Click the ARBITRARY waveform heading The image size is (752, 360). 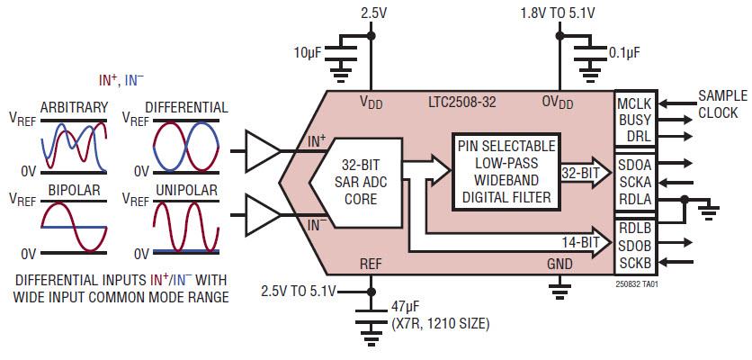pyautogui.click(x=74, y=107)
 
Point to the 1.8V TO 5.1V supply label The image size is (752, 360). pyautogui.click(x=559, y=13)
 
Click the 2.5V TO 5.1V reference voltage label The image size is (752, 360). pyautogui.click(x=299, y=291)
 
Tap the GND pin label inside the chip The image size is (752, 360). pyautogui.click(x=559, y=263)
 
